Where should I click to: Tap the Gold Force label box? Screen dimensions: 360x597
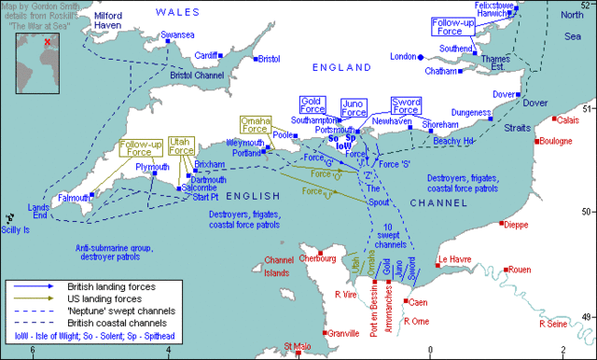coord(312,104)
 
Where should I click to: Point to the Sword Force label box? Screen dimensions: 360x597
coord(406,104)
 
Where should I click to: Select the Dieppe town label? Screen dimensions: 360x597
coord(521,225)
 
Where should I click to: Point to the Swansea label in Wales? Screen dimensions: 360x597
coord(177,35)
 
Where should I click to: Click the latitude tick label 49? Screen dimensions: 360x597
coord(586,317)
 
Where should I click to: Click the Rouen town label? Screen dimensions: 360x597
coord(520,270)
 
